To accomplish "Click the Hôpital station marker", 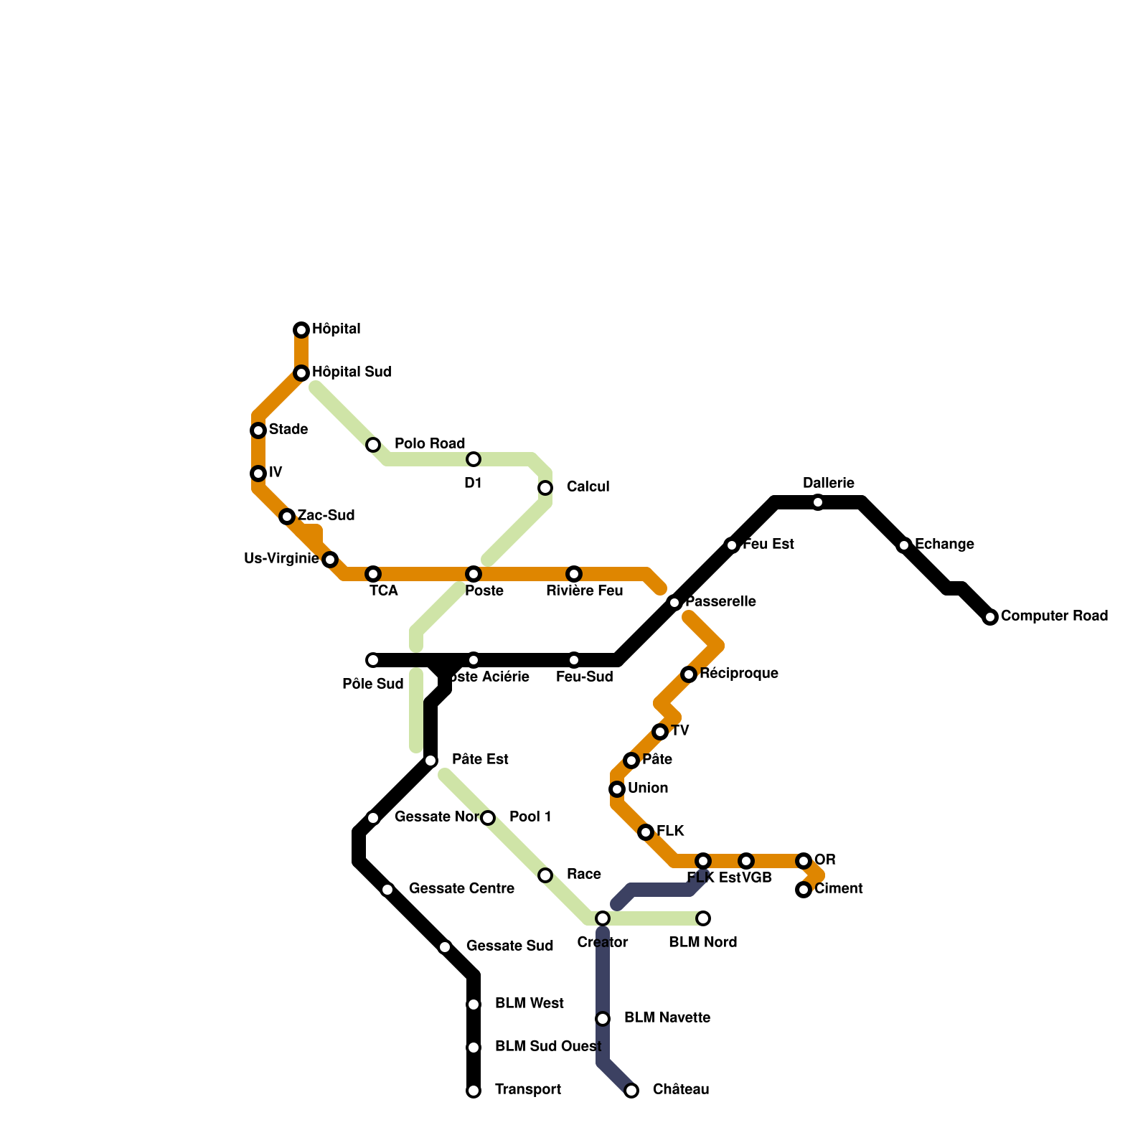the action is pyautogui.click(x=301, y=330).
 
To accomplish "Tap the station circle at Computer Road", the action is pyautogui.click(x=990, y=617).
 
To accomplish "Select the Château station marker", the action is pyautogui.click(x=631, y=1091).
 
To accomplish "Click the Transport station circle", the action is pyautogui.click(x=474, y=1091).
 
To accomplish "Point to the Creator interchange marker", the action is pyautogui.click(x=603, y=918).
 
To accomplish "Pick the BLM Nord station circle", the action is pyautogui.click(x=703, y=918).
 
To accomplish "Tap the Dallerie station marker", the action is pyautogui.click(x=818, y=502).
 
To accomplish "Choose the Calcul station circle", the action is pyautogui.click(x=545, y=488).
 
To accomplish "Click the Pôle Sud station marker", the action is pyautogui.click(x=373, y=660).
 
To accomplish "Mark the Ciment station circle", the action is pyautogui.click(x=804, y=890).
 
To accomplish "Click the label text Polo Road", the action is pyautogui.click(x=430, y=444).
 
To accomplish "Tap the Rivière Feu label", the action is pyautogui.click(x=584, y=591).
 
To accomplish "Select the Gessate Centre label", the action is pyautogui.click(x=461, y=889).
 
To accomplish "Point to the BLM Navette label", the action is pyautogui.click(x=667, y=1018).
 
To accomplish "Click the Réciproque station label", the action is pyautogui.click(x=739, y=674).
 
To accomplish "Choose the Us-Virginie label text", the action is pyautogui.click(x=281, y=559).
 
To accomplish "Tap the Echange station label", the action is pyautogui.click(x=944, y=545).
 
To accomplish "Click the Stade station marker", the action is pyautogui.click(x=258, y=430).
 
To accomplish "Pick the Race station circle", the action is pyautogui.click(x=545, y=875).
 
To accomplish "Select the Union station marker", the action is pyautogui.click(x=617, y=789).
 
